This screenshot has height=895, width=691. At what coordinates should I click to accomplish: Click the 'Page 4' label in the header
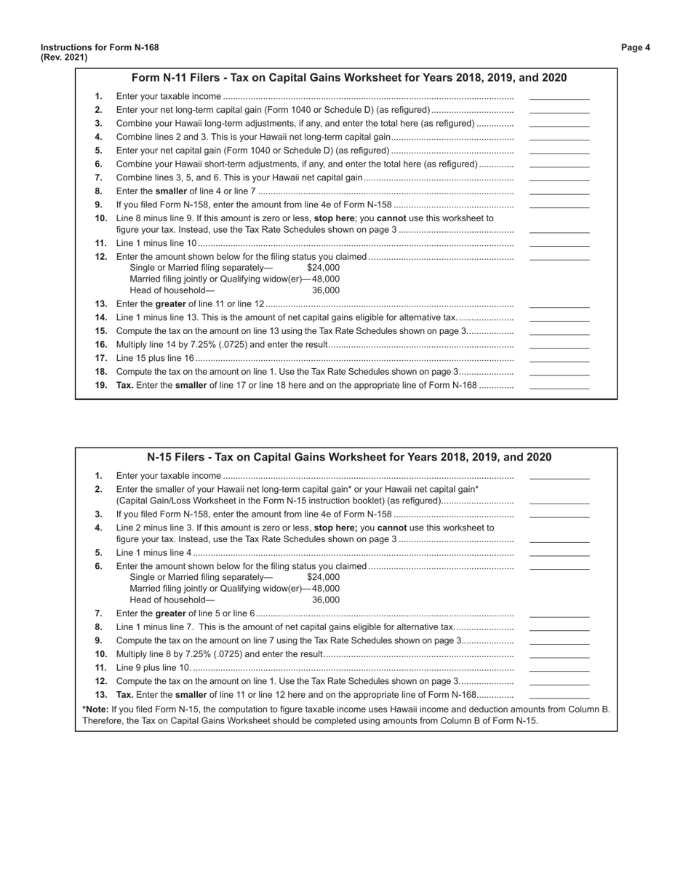[635, 47]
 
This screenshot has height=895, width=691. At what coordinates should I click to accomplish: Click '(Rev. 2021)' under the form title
[64, 57]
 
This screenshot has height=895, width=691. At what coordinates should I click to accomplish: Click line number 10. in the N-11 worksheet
[100, 218]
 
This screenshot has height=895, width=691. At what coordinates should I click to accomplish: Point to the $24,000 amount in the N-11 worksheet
[323, 268]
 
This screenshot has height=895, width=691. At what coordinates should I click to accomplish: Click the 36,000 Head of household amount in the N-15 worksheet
[325, 600]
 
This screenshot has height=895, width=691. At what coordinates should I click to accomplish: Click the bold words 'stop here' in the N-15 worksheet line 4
[334, 528]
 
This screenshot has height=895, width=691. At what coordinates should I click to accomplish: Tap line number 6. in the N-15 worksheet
[98, 566]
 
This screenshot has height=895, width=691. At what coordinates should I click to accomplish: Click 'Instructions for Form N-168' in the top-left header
[100, 47]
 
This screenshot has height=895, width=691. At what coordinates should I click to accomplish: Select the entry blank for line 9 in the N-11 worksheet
[559, 205]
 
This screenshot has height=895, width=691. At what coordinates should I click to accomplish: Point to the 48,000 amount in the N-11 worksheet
[325, 279]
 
